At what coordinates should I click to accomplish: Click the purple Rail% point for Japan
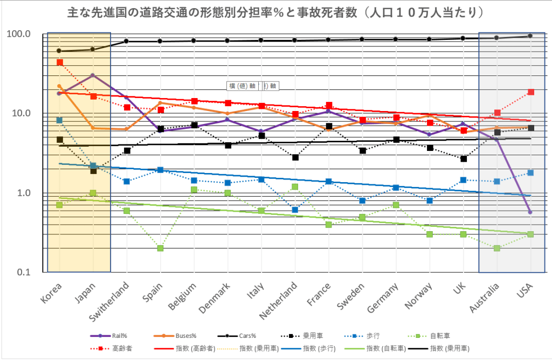coord(93,75)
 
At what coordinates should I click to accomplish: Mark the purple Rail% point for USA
coord(530,212)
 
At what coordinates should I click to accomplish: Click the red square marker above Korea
coord(59,63)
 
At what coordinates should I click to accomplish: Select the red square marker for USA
coord(530,92)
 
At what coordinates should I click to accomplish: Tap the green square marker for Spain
coord(161,248)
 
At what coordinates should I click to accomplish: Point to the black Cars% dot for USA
coord(530,36)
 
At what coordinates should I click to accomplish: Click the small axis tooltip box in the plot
coord(253,86)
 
